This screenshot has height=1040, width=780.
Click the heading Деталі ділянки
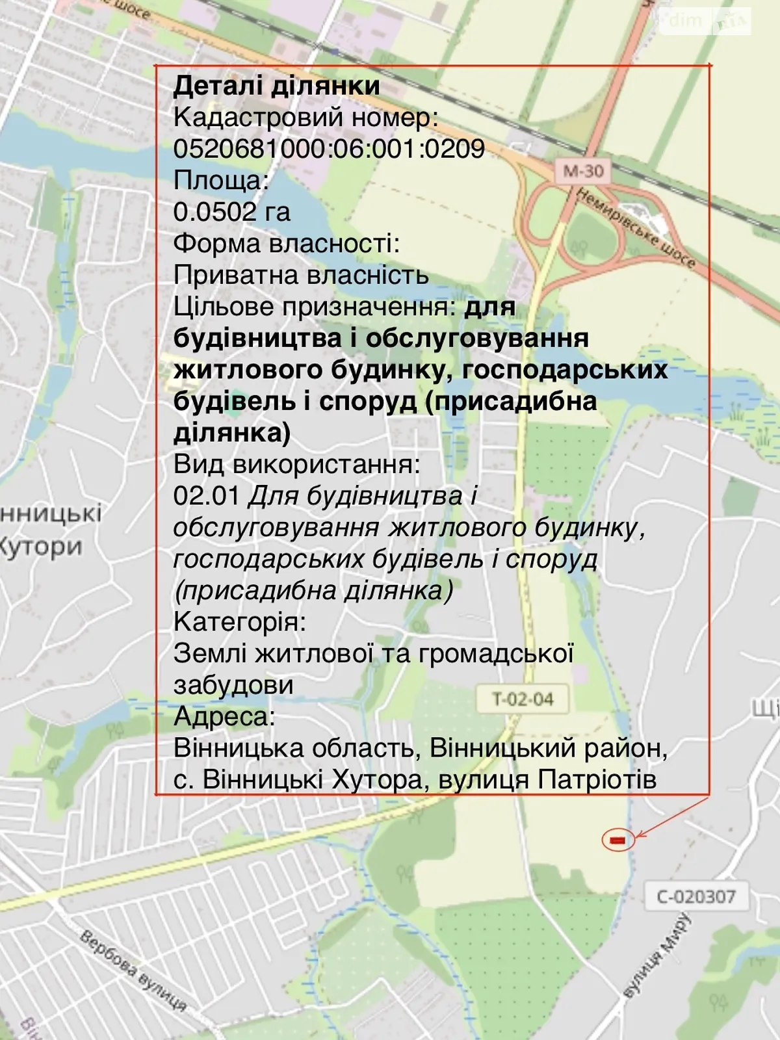pyautogui.click(x=276, y=86)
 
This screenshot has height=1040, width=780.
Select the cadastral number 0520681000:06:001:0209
pyautogui.click(x=329, y=149)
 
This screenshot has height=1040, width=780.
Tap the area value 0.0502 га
pyautogui.click(x=231, y=212)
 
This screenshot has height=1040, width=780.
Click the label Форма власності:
pyautogui.click(x=286, y=244)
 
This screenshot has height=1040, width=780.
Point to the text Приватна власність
pyautogui.click(x=301, y=275)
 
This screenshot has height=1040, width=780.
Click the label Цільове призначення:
pyautogui.click(x=315, y=307)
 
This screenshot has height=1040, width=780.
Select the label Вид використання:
pyautogui.click(x=296, y=464)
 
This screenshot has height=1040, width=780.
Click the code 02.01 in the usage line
pyautogui.click(x=207, y=496)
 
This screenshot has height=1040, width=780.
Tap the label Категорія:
pyautogui.click(x=239, y=622)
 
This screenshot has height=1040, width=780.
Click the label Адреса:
pyautogui.click(x=224, y=716)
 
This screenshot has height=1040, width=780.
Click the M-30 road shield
pyautogui.click(x=583, y=172)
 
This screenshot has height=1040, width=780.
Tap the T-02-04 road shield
pyautogui.click(x=523, y=699)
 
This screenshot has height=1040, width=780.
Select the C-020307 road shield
pyautogui.click(x=695, y=897)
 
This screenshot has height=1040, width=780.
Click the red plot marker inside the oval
pyautogui.click(x=617, y=840)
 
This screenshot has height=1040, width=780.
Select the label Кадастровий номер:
pyautogui.click(x=305, y=118)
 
